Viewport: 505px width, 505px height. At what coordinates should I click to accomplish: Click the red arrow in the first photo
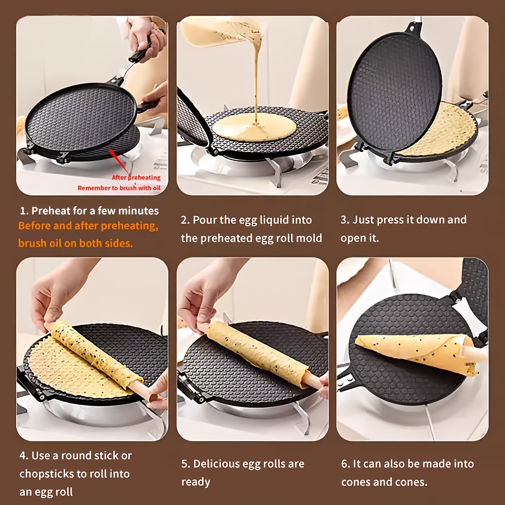click(119, 162)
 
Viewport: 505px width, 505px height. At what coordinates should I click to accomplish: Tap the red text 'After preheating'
click(136, 177)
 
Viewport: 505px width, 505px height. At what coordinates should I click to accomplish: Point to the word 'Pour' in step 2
click(203, 220)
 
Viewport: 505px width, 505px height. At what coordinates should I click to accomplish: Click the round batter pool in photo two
click(254, 127)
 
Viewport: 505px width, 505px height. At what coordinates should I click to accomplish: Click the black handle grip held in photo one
click(140, 54)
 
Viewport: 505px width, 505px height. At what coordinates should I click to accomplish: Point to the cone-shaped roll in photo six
click(416, 351)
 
